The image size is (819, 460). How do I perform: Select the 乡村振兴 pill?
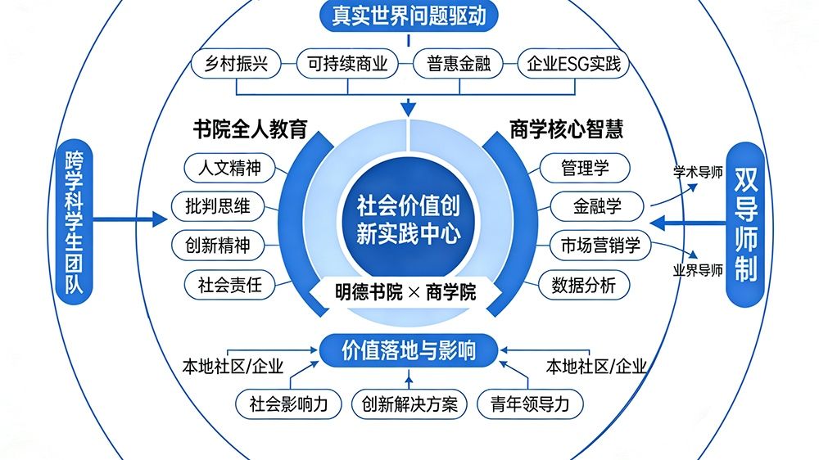(236, 63)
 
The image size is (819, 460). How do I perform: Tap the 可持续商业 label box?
(347, 63)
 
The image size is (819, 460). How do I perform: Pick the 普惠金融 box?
(459, 63)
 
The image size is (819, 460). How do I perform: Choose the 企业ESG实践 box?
(573, 63)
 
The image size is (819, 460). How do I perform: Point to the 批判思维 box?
(218, 206)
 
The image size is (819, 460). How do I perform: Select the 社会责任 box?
(229, 285)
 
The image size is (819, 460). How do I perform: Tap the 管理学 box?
(585, 168)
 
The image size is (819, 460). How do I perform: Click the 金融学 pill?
(597, 206)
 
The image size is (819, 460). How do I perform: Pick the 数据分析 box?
(585, 285)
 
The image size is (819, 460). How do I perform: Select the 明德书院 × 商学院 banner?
(407, 292)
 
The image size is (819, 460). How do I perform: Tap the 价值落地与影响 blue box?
(409, 350)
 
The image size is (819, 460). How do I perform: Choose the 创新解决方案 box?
(409, 403)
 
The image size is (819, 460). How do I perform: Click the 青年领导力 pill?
(531, 403)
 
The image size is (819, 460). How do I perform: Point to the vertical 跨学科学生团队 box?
(73, 223)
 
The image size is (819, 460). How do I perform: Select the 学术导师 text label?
(698, 173)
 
